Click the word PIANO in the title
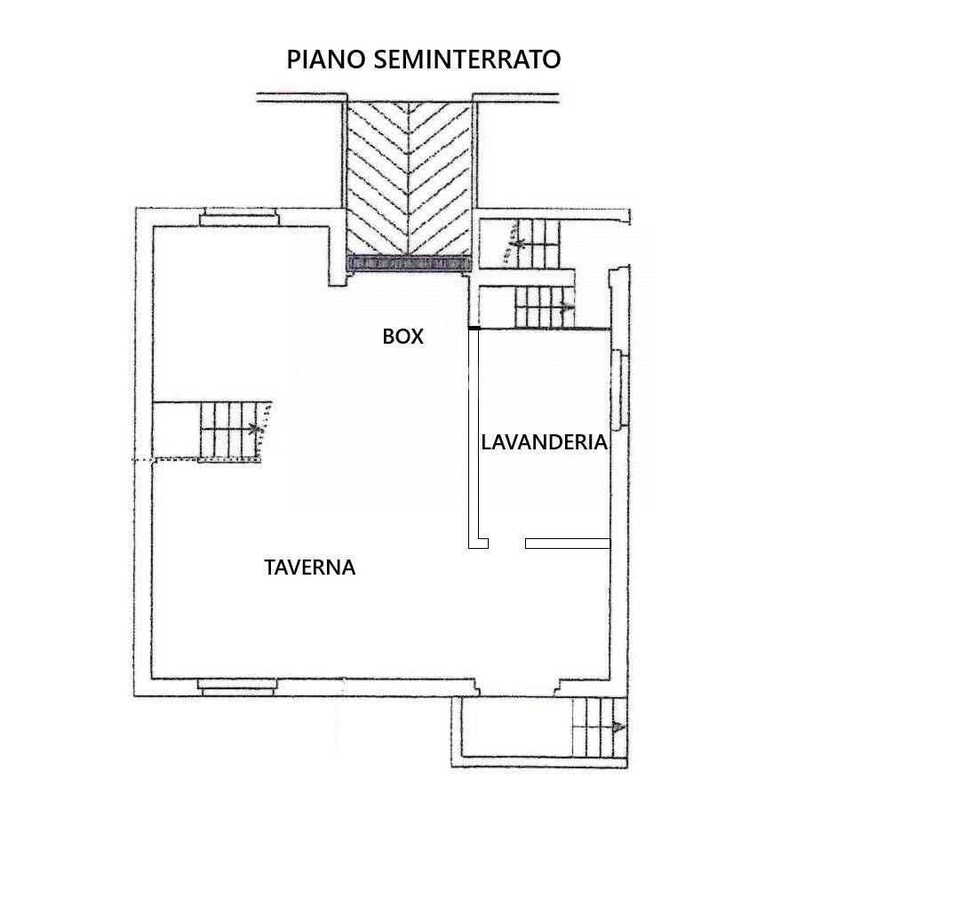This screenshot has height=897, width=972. (x=324, y=60)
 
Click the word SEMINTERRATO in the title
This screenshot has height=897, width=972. (x=466, y=60)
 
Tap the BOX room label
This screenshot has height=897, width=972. (x=402, y=337)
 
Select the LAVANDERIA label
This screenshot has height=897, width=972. (x=544, y=442)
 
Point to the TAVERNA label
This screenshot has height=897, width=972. (x=309, y=568)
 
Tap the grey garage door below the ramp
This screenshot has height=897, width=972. (x=408, y=264)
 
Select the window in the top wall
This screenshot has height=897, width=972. (x=238, y=218)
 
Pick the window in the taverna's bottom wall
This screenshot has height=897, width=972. (x=237, y=686)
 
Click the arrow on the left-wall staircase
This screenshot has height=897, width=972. (x=259, y=430)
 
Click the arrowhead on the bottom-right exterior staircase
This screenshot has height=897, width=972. (x=619, y=727)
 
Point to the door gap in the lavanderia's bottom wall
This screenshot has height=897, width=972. (x=506, y=543)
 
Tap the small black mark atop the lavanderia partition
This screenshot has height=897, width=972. (x=474, y=328)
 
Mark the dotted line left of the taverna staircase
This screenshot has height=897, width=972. (x=164, y=460)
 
